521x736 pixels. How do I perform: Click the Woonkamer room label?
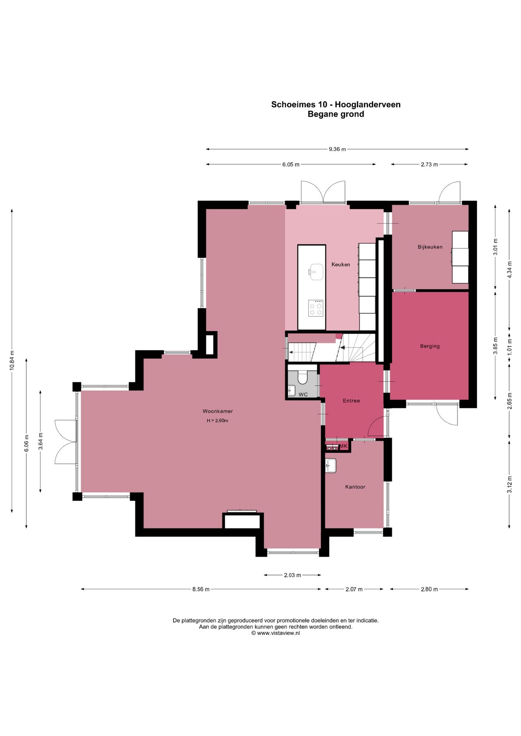click(x=218, y=411)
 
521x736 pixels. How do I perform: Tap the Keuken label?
click(x=341, y=264)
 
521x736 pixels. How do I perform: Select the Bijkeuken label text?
click(x=430, y=247)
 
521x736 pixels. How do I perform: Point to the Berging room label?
click(x=430, y=346)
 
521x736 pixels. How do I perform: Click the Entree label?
click(x=351, y=401)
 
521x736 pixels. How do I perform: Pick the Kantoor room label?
click(x=355, y=487)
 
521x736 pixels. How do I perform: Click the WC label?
click(x=303, y=394)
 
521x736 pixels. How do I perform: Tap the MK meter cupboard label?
click(x=343, y=446)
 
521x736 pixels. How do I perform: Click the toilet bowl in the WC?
click(x=303, y=377)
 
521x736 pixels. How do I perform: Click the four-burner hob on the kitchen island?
click(x=316, y=308)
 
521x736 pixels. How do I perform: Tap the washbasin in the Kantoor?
click(x=330, y=466)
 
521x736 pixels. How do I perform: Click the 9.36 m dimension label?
click(x=337, y=149)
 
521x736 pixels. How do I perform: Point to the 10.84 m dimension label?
click(x=12, y=360)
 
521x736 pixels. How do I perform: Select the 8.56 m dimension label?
click(x=201, y=589)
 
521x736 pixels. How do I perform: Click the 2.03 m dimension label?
click(x=292, y=575)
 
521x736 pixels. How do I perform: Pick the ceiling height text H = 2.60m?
click(x=218, y=421)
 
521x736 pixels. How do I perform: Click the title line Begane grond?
click(x=336, y=114)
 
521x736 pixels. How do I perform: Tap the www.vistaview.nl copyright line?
click(x=275, y=633)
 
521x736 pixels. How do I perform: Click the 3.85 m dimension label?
click(x=495, y=346)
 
